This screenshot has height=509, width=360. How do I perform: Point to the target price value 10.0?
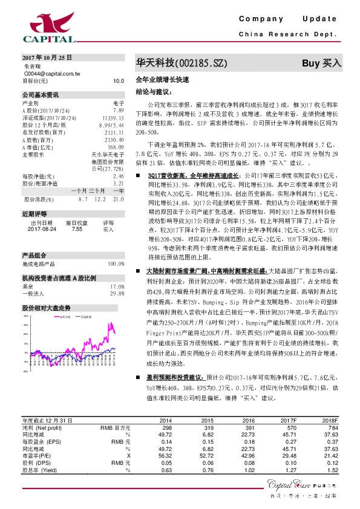click(x=119, y=80)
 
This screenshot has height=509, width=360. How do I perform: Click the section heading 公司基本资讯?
click(x=41, y=95)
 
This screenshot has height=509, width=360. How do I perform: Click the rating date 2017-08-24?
click(x=41, y=229)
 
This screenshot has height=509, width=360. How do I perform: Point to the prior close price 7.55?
click(x=77, y=229)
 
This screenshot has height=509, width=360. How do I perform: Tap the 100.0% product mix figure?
click(x=116, y=264)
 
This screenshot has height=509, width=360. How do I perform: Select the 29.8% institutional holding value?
click(x=117, y=293)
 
